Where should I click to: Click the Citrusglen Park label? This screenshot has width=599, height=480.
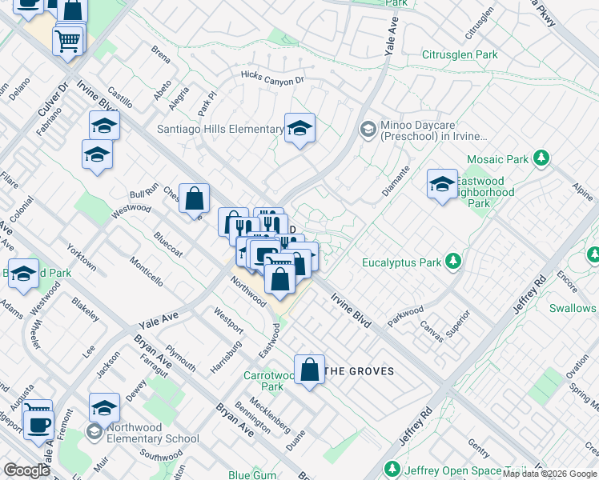pyautogui.click(x=460, y=55)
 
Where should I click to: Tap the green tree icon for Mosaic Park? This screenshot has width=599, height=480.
pyautogui.click(x=542, y=158)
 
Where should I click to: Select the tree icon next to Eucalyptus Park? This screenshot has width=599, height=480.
pyautogui.click(x=453, y=262)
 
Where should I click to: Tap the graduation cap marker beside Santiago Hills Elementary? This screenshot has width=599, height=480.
pyautogui.click(x=299, y=129)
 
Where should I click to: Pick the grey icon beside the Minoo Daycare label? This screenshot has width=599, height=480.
pyautogui.click(x=368, y=129)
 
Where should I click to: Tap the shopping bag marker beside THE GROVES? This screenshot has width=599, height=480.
pyautogui.click(x=309, y=370)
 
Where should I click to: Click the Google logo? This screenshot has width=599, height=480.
pyautogui.click(x=27, y=470)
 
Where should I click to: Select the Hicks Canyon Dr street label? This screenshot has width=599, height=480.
pyautogui.click(x=273, y=79)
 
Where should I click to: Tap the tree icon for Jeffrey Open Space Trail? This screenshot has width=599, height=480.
pyautogui.click(x=392, y=469)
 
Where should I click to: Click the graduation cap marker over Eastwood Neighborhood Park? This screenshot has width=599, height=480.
pyautogui.click(x=442, y=185)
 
